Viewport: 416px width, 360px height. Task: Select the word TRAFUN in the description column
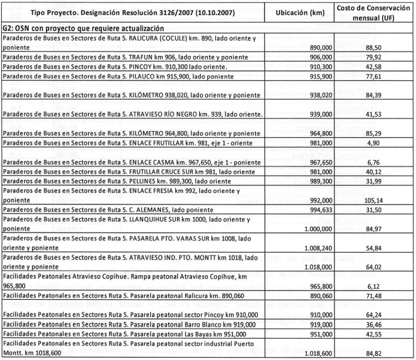pos(142,57)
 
